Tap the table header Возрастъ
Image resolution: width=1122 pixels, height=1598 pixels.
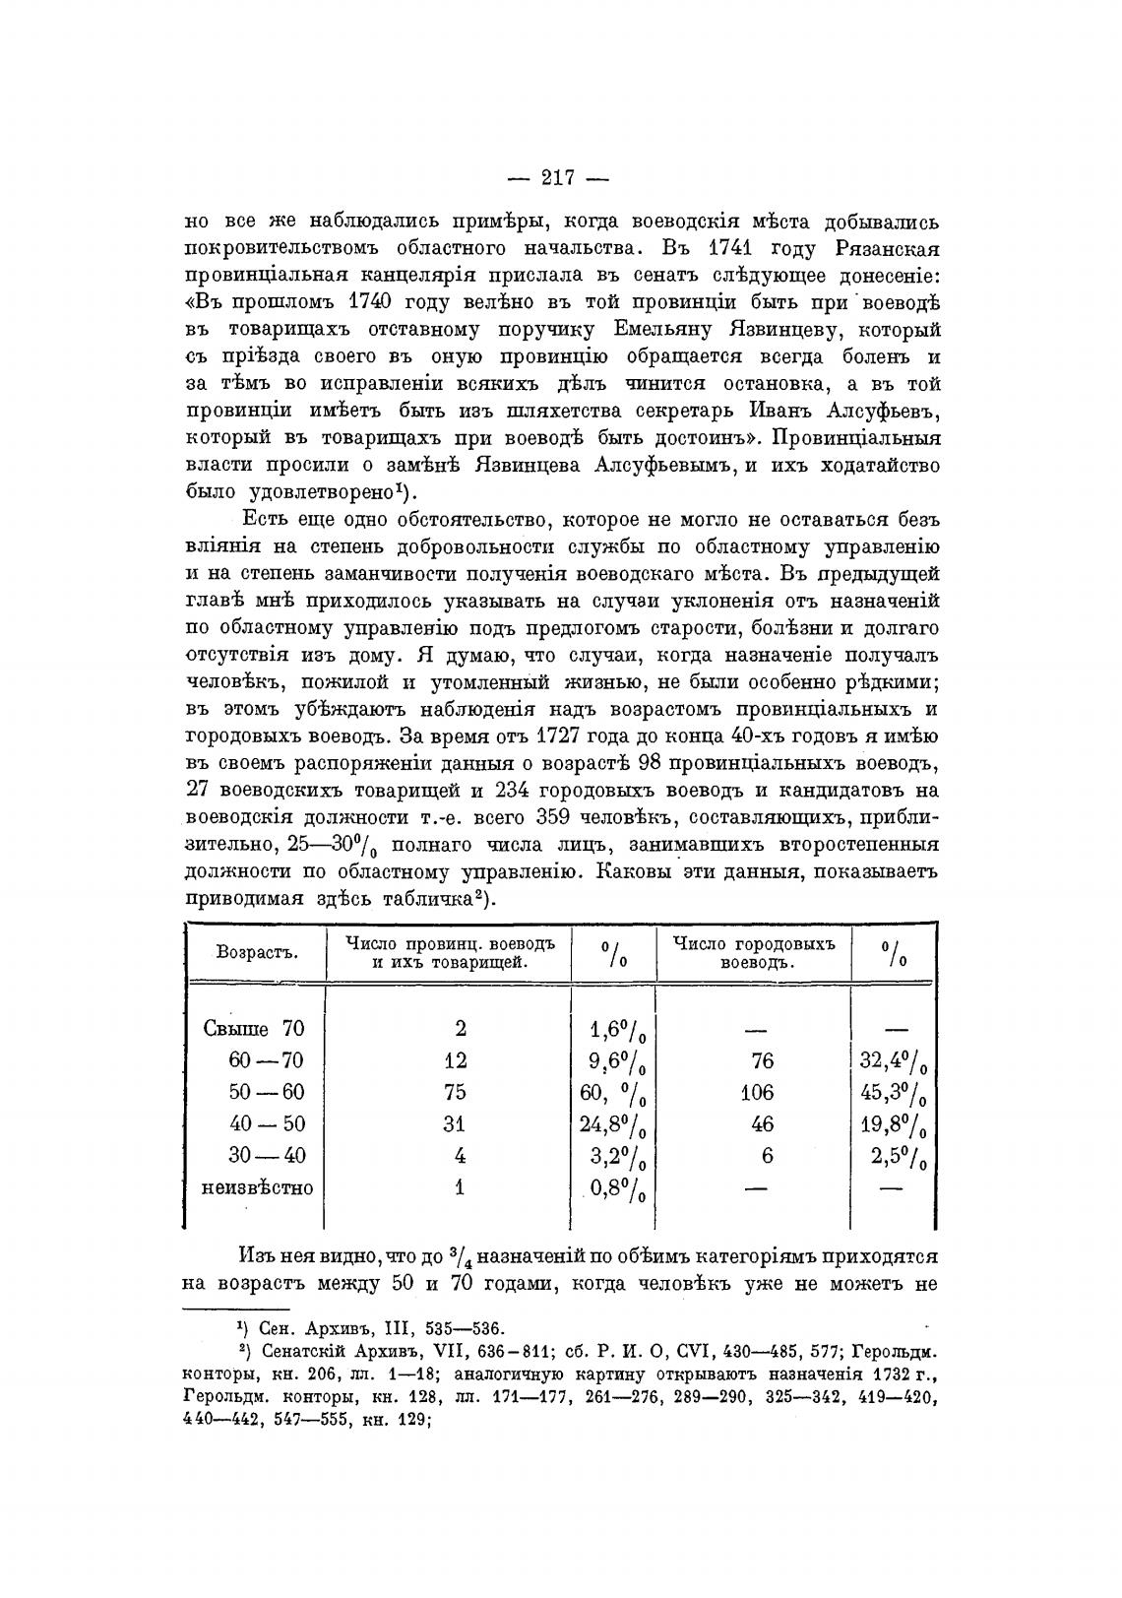point(256,952)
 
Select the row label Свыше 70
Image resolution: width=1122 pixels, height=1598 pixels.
point(254,1029)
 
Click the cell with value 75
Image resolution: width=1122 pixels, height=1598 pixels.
point(456,1092)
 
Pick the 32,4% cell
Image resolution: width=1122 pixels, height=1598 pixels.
point(894,1061)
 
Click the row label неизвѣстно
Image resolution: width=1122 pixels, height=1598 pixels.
point(257,1187)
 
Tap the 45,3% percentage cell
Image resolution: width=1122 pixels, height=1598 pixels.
point(894,1093)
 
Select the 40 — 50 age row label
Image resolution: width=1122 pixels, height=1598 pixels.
point(266,1124)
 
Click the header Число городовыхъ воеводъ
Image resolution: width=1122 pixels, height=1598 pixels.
point(754,952)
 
